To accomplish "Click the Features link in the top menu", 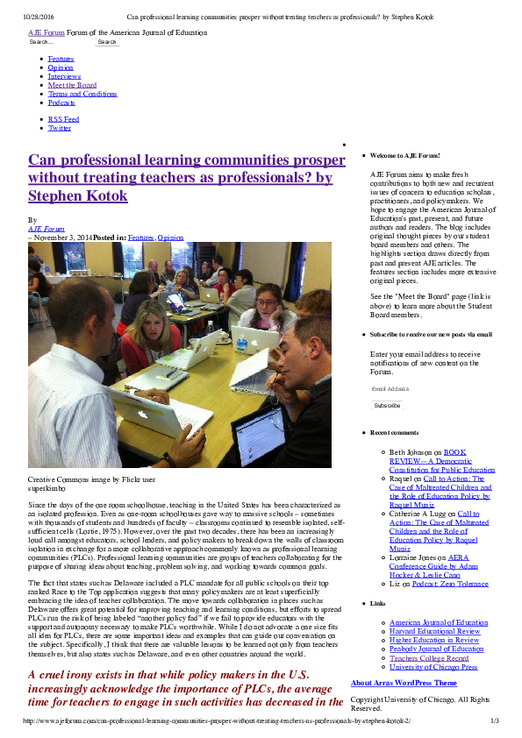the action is pos(61,58).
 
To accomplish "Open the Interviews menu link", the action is pos(64,76).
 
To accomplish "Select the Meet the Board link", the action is pos(72,85).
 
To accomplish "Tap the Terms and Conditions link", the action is pos(82,94).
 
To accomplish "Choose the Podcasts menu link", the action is pos(61,103).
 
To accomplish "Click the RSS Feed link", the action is pos(63,119).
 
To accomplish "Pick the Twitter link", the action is pos(60,128).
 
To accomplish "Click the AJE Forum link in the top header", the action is pos(46,32).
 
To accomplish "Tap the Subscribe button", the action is pos(387,406).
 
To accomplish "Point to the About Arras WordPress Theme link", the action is pos(404,683).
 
